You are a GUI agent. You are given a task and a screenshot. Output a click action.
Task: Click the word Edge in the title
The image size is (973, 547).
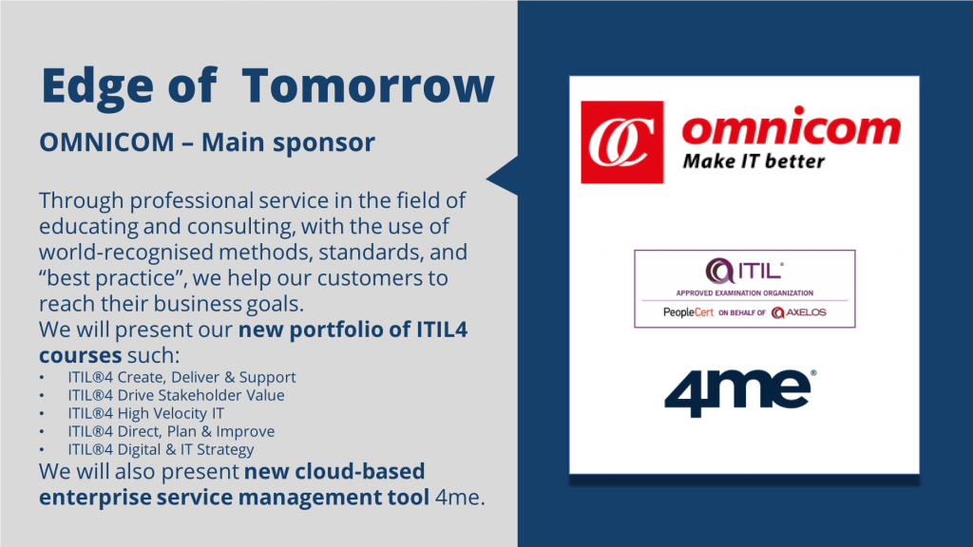(x=98, y=85)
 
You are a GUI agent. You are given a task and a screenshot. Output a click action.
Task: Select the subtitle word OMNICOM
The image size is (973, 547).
(x=106, y=142)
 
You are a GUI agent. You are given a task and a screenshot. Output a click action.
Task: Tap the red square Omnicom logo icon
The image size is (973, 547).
(x=621, y=142)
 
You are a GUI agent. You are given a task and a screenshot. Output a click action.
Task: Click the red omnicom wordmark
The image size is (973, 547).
(x=792, y=127)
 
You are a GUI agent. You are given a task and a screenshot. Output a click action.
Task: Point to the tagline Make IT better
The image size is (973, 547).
(x=754, y=161)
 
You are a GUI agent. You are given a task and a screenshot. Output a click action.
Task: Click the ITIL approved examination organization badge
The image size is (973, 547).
(x=745, y=289)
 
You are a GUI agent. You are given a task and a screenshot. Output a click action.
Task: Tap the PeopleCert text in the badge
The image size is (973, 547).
(x=688, y=311)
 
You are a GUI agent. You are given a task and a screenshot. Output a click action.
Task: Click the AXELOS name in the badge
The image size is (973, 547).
(x=806, y=311)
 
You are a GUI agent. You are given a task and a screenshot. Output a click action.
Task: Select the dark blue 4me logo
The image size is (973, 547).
(x=740, y=393)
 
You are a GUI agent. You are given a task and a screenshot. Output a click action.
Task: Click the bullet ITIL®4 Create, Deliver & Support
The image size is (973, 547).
(x=181, y=377)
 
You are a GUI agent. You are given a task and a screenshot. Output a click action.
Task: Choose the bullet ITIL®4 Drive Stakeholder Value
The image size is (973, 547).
(x=176, y=395)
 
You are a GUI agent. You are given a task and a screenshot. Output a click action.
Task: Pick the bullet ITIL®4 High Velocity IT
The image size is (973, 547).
(x=145, y=413)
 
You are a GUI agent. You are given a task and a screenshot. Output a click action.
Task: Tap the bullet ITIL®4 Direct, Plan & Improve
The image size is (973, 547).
(x=171, y=431)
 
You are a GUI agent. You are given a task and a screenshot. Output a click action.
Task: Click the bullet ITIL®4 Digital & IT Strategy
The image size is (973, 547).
(x=161, y=449)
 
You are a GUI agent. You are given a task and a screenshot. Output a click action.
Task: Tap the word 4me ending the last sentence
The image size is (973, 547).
(x=460, y=498)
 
